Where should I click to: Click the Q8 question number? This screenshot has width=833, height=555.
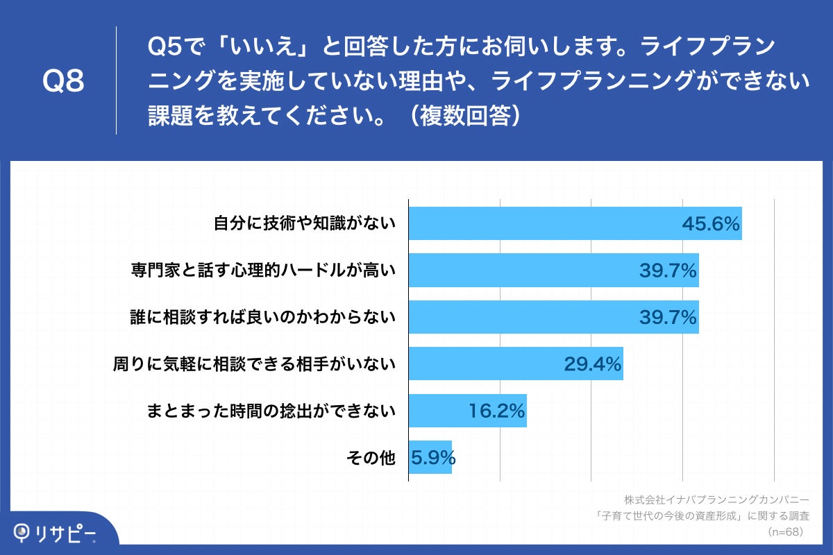click(x=63, y=82)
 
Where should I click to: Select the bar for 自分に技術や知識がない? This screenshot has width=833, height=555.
click(x=541, y=223)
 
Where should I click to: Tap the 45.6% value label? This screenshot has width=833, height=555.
click(x=711, y=224)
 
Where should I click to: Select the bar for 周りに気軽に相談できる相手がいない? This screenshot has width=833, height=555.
click(x=486, y=364)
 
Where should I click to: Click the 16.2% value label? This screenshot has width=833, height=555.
click(x=496, y=411)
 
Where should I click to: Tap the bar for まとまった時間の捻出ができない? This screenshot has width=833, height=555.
click(x=437, y=411)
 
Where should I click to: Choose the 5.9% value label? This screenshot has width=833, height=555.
click(x=432, y=458)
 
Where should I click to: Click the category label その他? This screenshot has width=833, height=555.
click(x=370, y=458)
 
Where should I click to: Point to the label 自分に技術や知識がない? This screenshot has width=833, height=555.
click(x=304, y=223)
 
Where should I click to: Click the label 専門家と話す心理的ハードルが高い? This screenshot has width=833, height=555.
click(x=263, y=271)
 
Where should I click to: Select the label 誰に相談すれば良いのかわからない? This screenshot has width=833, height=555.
click(x=263, y=317)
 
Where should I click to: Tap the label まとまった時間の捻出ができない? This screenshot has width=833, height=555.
click(x=271, y=411)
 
